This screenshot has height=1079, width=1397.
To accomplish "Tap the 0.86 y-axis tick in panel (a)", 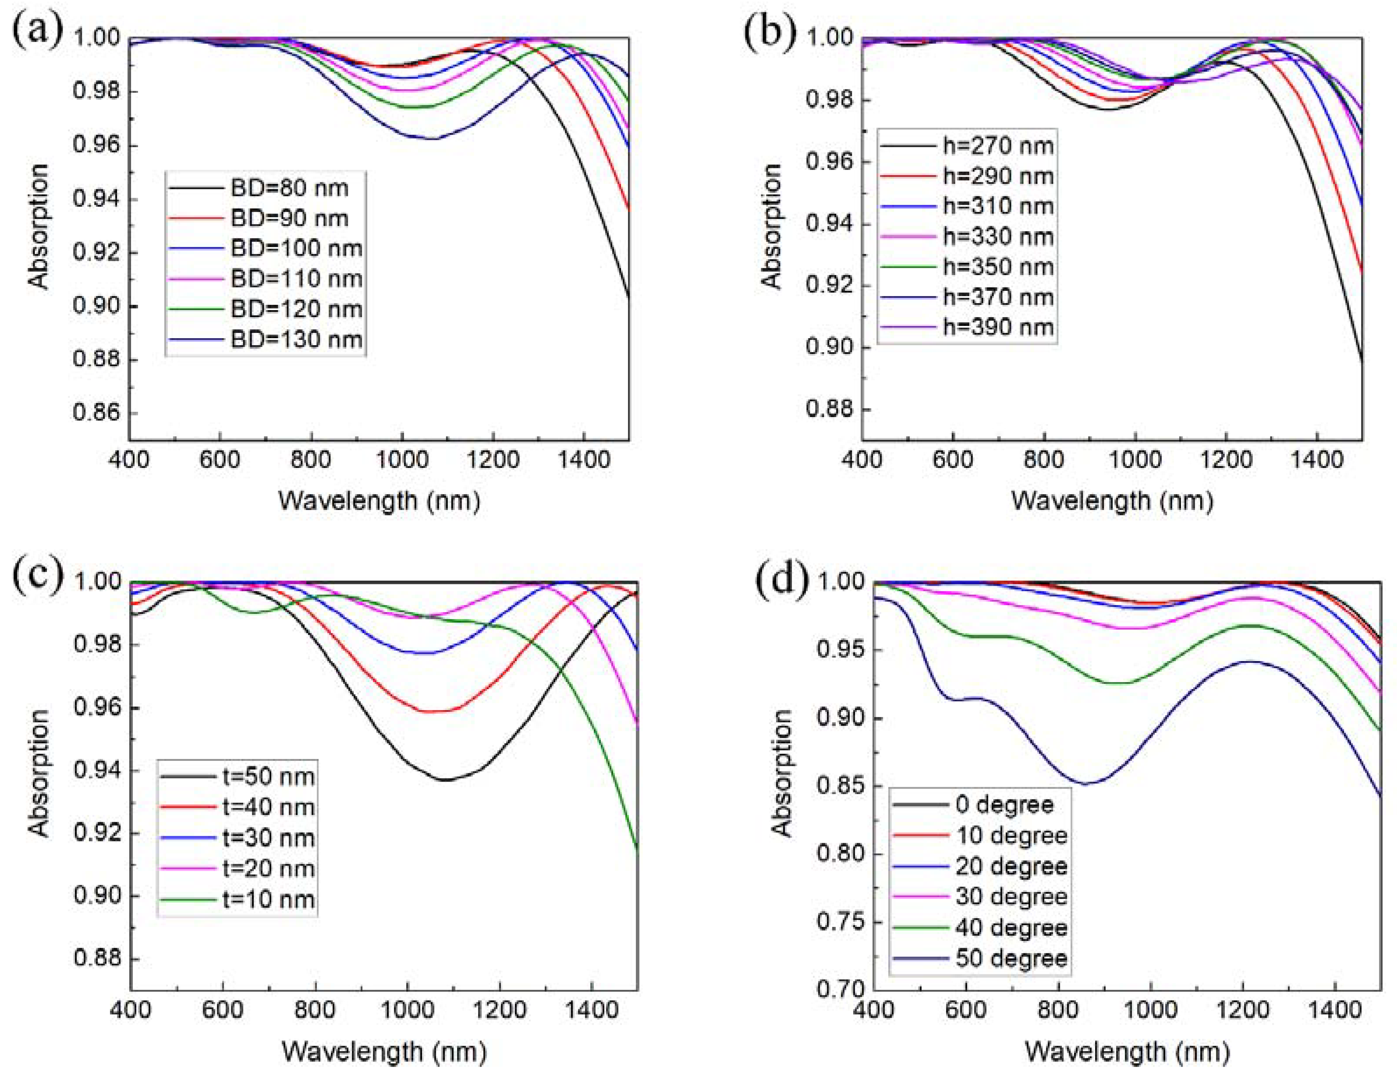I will tap(96, 413).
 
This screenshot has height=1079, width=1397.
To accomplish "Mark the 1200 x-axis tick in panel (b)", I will tap(1226, 460).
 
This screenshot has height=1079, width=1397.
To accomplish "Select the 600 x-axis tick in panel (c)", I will tap(223, 1011).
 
